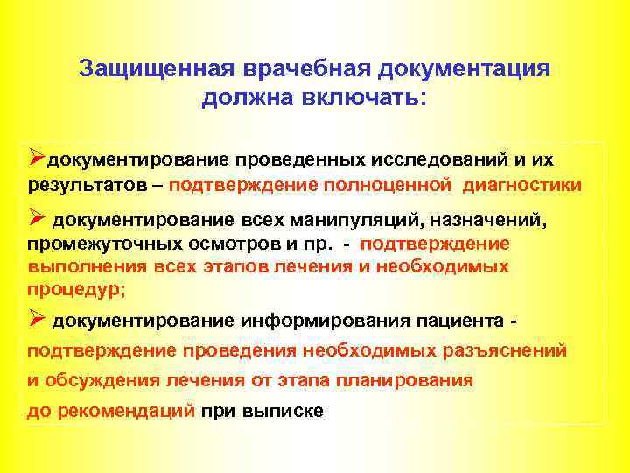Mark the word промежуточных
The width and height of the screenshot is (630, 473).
[x=91, y=244]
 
